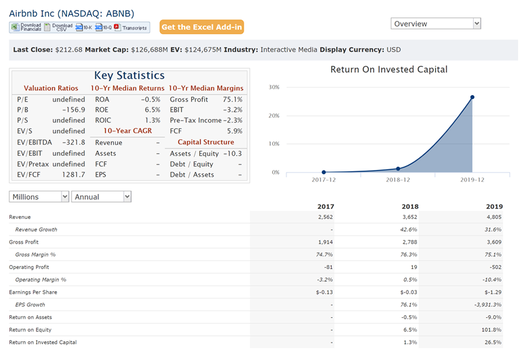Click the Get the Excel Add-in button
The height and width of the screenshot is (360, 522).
point(201,27)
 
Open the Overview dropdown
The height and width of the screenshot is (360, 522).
point(436,23)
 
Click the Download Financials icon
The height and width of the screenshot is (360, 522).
point(26,27)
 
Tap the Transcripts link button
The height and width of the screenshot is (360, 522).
point(131,27)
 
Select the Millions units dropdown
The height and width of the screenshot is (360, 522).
point(39,197)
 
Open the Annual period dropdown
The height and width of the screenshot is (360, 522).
point(102,197)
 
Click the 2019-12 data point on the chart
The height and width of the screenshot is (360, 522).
point(472,97)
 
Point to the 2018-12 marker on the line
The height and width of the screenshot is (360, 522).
point(398,169)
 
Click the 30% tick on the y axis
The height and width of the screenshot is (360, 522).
point(273,88)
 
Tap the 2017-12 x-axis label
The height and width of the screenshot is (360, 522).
point(324,180)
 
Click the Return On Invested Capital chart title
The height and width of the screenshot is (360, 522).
point(389,70)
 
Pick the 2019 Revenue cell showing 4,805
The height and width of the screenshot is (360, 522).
point(493,217)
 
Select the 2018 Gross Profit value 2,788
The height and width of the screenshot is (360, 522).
point(409,242)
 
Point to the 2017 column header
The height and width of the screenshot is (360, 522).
point(325,206)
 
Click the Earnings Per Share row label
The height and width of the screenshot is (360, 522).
point(33,292)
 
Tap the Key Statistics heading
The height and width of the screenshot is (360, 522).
point(129,76)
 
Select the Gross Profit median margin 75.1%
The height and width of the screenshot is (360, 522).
point(232,99)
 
